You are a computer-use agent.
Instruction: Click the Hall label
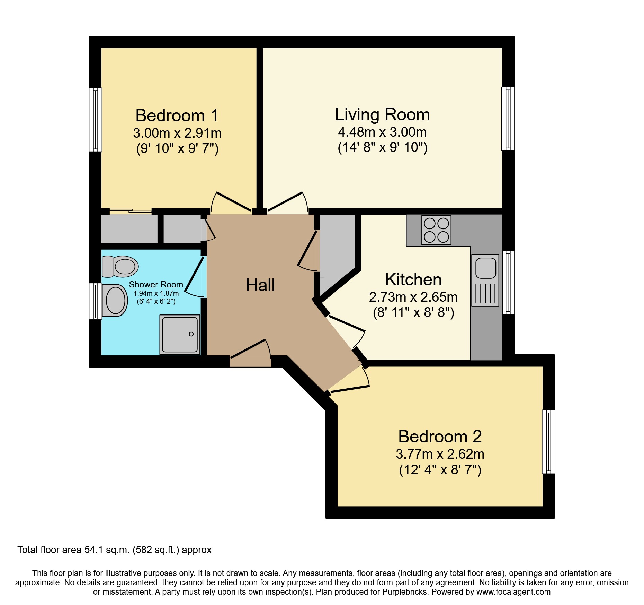[260, 285]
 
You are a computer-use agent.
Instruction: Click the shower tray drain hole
[191, 334]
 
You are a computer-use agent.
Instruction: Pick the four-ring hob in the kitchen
[436, 230]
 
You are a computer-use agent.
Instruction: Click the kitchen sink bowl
[486, 268]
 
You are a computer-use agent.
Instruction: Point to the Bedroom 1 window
[96, 120]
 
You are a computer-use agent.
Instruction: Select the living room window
[508, 119]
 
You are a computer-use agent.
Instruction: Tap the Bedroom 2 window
[548, 441]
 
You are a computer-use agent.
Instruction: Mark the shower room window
[96, 301]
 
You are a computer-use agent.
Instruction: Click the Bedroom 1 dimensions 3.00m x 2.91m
[177, 133]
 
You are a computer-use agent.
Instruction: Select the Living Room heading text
[382, 115]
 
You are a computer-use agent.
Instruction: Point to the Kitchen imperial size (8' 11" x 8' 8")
[413, 313]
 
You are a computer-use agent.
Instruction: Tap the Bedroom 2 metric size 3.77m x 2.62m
[440, 454]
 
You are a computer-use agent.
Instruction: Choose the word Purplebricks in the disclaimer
[405, 592]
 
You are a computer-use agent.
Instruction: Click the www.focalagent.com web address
[513, 592]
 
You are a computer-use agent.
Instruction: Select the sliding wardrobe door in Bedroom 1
[131, 211]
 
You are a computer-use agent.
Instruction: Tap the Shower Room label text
[156, 285]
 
